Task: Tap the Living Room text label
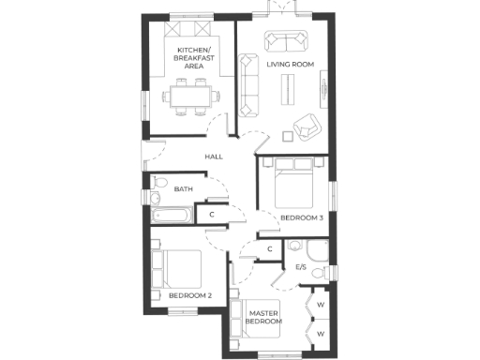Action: click(x=290, y=65)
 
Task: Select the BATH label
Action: click(x=184, y=190)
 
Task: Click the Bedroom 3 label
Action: click(x=302, y=218)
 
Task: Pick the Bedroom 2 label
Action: click(x=189, y=296)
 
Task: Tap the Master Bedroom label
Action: click(x=265, y=317)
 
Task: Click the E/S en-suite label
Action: click(x=301, y=267)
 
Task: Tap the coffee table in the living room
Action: click(x=288, y=87)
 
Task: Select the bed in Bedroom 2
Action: click(x=178, y=270)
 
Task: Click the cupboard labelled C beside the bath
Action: click(x=213, y=215)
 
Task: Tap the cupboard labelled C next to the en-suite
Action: click(x=269, y=248)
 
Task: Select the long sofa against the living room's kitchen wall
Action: click(x=249, y=82)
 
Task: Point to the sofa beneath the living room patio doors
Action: click(x=286, y=40)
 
